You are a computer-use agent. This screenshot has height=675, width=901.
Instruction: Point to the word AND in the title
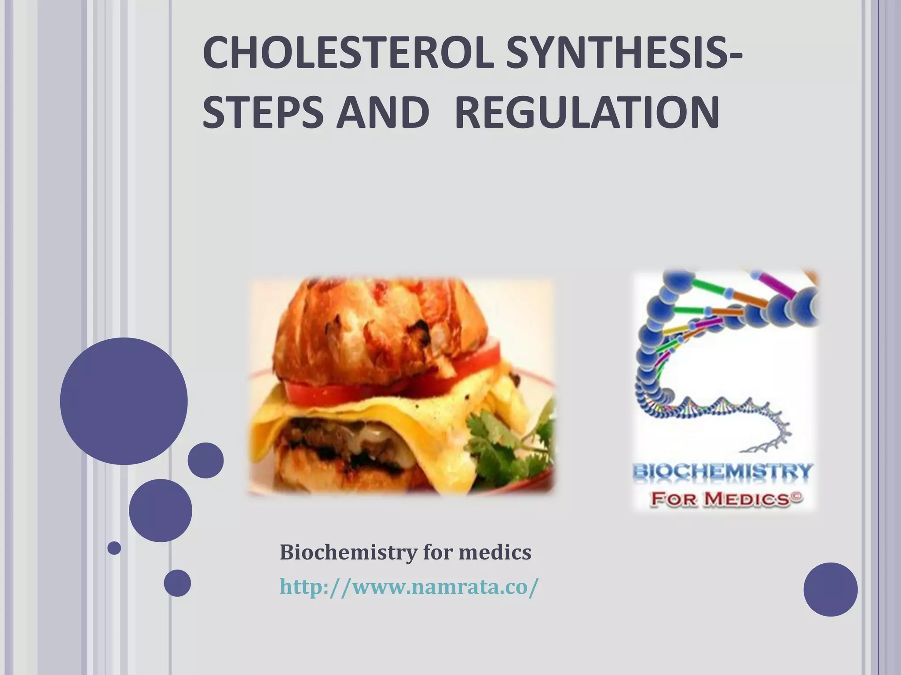(x=383, y=112)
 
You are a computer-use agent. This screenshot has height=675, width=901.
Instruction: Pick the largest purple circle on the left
(x=124, y=401)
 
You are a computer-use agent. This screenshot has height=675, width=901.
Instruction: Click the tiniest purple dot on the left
(x=114, y=548)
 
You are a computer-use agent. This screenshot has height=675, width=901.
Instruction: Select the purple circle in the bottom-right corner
(x=831, y=589)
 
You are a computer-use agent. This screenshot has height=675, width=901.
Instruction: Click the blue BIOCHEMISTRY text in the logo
(x=722, y=472)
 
